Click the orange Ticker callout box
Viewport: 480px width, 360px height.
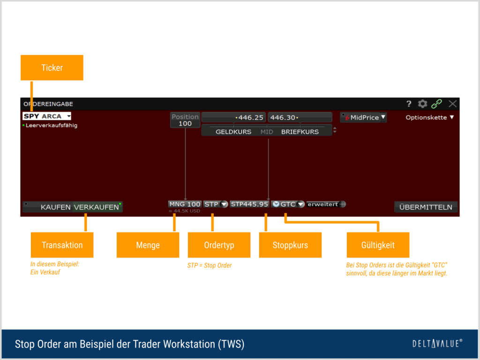click(52, 67)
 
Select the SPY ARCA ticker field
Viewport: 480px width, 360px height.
click(46, 116)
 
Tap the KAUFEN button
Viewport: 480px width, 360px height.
click(55, 207)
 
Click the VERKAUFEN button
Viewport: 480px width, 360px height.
click(96, 207)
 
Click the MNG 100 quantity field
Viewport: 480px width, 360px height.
click(185, 204)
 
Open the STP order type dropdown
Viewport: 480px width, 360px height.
click(216, 204)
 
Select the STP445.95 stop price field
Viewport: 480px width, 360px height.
click(249, 204)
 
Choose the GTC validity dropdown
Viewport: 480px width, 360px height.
click(288, 204)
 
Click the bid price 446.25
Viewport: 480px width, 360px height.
click(233, 117)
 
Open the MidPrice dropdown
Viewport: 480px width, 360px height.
click(364, 118)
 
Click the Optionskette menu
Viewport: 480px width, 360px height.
click(429, 118)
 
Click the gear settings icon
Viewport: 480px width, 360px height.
click(423, 104)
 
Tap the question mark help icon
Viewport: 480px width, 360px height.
click(409, 104)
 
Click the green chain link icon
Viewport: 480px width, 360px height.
click(437, 104)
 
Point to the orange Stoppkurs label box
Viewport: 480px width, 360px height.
click(290, 245)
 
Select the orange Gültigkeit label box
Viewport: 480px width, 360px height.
click(378, 245)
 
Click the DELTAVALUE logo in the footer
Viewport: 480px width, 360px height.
click(437, 344)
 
